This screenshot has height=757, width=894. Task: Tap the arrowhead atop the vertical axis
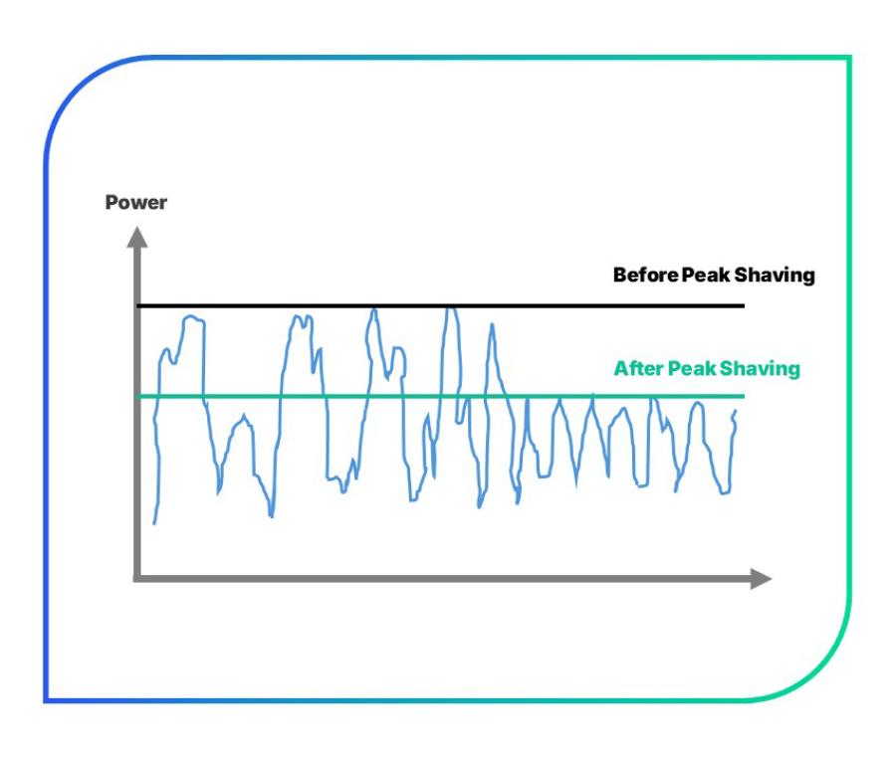pos(137,236)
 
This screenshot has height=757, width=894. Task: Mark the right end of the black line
pos(744,305)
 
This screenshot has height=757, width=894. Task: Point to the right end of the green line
pos(744,397)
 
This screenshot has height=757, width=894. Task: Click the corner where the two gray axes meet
pos(137,578)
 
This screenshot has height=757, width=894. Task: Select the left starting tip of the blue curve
pos(154,523)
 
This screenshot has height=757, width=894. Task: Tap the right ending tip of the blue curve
pos(736,410)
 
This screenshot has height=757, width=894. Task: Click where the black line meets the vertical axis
pos(137,305)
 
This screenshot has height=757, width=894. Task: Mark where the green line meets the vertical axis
pos(137,397)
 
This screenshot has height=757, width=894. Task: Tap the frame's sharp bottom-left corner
pos(46,701)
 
